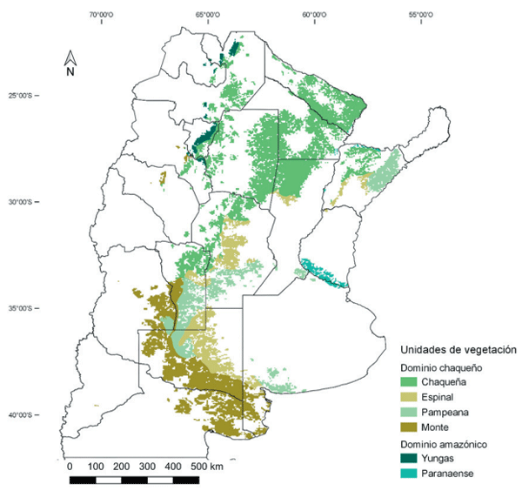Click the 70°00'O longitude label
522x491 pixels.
[101, 15]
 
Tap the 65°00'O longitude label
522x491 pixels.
[207, 15]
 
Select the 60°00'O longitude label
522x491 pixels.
[313, 15]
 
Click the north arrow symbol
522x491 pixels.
[73, 59]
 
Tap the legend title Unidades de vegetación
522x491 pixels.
[458, 349]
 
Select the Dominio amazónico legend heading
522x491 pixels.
[441, 445]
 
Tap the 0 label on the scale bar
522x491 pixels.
[70, 466]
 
